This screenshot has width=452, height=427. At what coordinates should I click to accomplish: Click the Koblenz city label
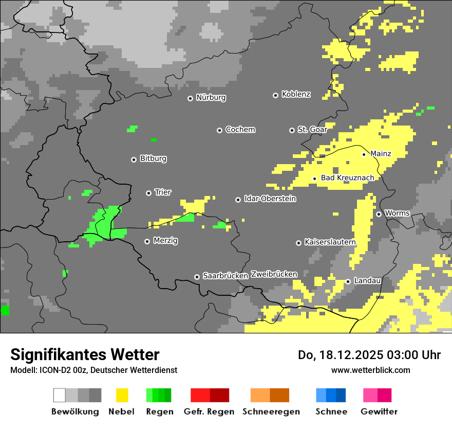(x=296, y=94)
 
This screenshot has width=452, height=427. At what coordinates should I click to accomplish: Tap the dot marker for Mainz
(x=364, y=154)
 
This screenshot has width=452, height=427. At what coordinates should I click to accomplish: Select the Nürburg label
(x=211, y=97)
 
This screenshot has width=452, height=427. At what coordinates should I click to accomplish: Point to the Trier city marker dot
(x=148, y=193)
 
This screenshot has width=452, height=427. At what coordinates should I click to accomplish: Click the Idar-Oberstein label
(x=270, y=199)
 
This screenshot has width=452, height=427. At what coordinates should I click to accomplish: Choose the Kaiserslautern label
(x=330, y=242)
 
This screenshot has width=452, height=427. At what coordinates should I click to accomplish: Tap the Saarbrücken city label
(x=225, y=276)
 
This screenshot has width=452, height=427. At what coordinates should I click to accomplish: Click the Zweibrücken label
(x=274, y=274)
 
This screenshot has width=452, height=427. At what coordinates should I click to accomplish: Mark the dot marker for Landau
(x=348, y=281)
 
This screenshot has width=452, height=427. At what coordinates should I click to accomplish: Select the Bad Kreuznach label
(x=347, y=177)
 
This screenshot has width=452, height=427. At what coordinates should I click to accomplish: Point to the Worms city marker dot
(x=379, y=214)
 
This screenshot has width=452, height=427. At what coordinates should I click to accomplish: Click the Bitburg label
(x=153, y=158)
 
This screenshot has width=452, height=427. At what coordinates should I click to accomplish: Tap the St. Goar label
(x=312, y=130)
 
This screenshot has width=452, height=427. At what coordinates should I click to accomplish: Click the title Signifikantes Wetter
(x=85, y=354)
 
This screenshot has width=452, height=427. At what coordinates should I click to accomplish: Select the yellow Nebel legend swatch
(x=122, y=395)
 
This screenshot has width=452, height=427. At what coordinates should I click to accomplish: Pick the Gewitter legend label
(x=379, y=412)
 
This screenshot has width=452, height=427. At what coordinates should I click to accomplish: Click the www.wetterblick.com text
(x=370, y=370)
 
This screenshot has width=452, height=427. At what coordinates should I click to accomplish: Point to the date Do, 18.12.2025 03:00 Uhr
(x=369, y=355)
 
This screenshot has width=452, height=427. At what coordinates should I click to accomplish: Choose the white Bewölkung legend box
(x=60, y=395)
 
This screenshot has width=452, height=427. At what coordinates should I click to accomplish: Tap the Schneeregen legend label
(x=271, y=412)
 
